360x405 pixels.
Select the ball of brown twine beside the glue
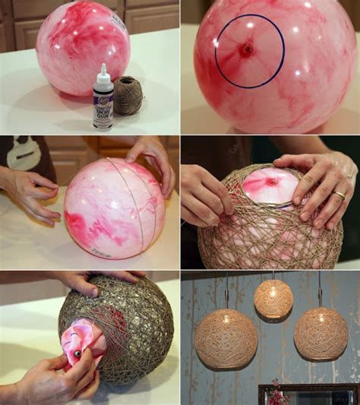click(128, 95)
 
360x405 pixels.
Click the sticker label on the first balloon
click(118, 24)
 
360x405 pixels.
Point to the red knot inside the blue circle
click(247, 50)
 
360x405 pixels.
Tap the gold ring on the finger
click(340, 195)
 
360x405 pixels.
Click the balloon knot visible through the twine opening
click(271, 182)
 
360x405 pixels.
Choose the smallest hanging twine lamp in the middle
click(273, 299)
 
